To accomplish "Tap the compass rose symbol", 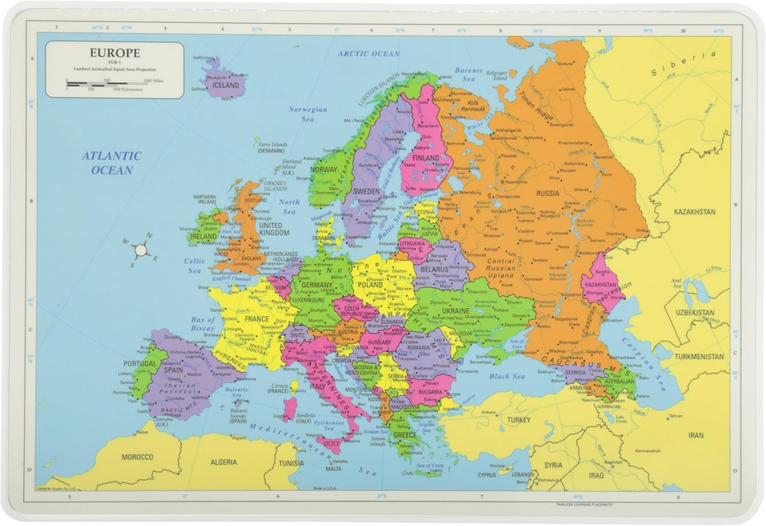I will (140, 249).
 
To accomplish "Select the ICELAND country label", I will (226, 86).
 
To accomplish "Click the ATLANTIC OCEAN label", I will (112, 163).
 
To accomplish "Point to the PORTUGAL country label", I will (140, 364).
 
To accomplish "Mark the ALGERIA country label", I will (223, 462).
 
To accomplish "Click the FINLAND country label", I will (426, 158).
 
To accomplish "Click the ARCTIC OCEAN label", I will (369, 54).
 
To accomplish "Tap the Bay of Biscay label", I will (203, 323).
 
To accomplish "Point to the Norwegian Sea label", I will (307, 114).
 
